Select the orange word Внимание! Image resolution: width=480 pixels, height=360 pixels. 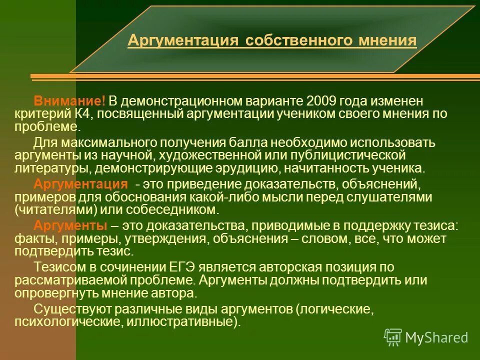tap(69, 102)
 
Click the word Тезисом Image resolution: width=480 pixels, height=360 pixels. tap(57, 266)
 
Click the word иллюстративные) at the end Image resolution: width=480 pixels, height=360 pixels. tap(198, 321)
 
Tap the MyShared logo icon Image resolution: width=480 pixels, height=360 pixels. tap(392, 337)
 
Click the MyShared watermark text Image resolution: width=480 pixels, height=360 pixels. tap(436, 338)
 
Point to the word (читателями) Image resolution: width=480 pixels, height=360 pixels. tap(53, 209)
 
